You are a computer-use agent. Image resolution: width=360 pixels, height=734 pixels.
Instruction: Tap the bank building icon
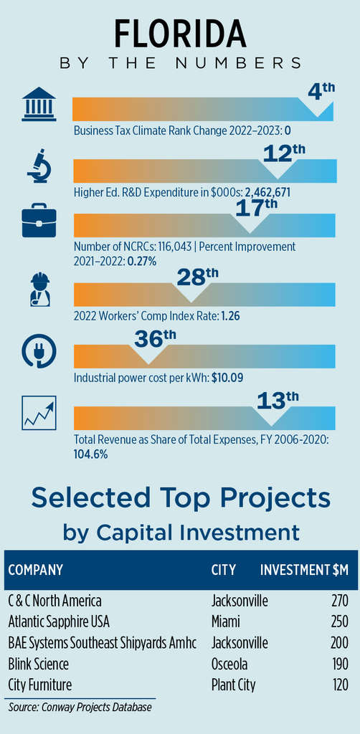click(x=39, y=105)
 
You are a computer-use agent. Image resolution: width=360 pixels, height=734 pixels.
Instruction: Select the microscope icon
click(x=39, y=166)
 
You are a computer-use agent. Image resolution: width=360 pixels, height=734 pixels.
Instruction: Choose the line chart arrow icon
click(x=39, y=412)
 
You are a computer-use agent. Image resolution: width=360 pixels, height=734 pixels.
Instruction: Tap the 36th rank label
click(x=156, y=338)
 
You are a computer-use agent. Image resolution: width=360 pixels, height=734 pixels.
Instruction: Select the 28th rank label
click(x=197, y=278)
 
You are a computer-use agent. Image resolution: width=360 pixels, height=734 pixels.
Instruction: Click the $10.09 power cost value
click(x=227, y=377)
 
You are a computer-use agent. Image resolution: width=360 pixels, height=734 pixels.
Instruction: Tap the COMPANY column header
click(x=35, y=570)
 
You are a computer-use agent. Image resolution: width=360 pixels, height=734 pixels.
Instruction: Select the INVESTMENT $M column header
click(x=304, y=570)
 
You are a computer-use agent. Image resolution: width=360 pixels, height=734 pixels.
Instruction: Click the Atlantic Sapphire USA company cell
click(x=59, y=621)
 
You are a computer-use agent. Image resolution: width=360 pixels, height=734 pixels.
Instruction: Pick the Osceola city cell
click(x=229, y=664)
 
